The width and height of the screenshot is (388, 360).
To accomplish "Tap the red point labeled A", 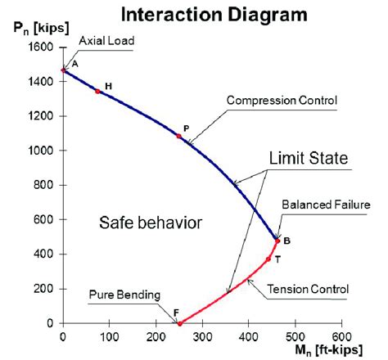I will pos(64,70).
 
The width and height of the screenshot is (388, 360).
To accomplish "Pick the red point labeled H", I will pos(97,92).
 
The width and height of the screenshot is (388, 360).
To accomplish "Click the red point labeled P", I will pos(178,136).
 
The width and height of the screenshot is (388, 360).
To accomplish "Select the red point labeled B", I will pos(277,241).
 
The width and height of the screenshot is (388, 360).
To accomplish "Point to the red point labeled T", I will pos(268,259).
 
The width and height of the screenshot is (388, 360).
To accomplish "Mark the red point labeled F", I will pos(178,323).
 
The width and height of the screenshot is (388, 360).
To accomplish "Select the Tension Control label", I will pos(309,289).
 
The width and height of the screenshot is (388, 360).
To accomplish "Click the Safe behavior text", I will pos(150,222).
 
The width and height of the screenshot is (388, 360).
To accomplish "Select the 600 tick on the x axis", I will pos(341,336).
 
